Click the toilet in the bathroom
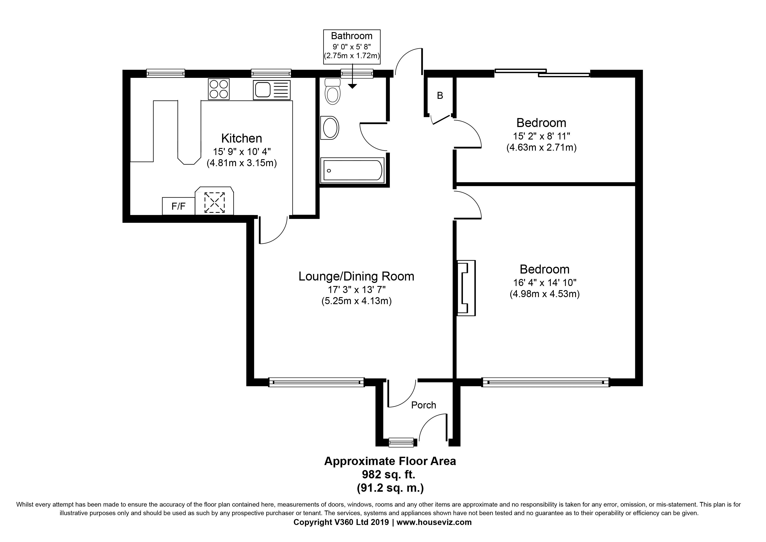[332, 91]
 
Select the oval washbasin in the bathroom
[330, 127]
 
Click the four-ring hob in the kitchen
[219, 89]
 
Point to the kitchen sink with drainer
[272, 90]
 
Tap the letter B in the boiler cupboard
[440, 96]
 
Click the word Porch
[424, 405]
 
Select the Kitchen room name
[242, 138]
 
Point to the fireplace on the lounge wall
[466, 288]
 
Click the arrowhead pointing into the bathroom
[352, 86]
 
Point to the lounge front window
[316, 382]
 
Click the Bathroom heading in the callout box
[352, 36]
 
